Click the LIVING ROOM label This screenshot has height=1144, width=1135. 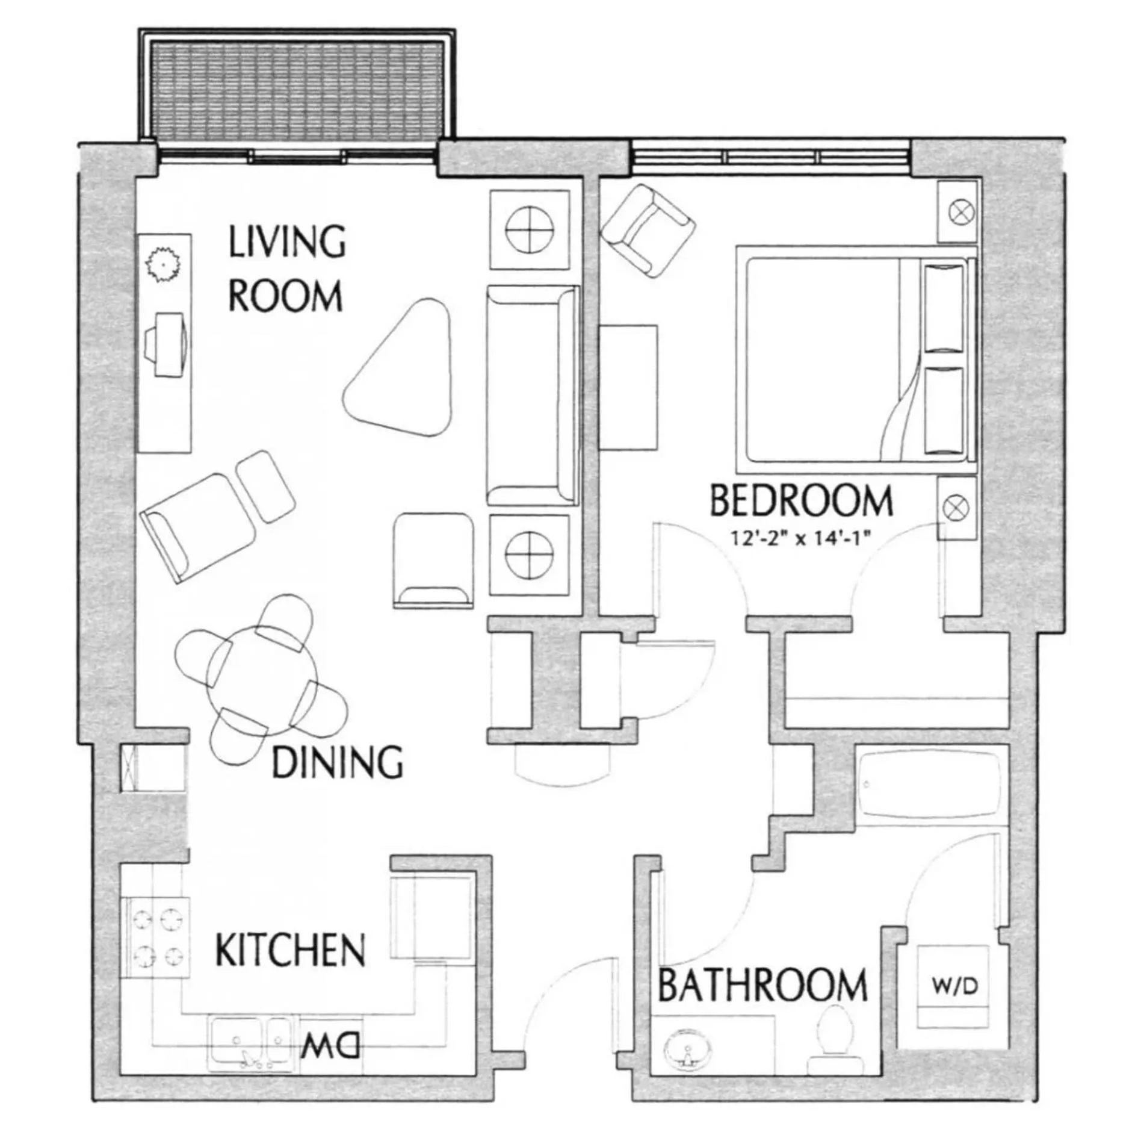(x=286, y=269)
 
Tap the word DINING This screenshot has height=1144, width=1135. (x=337, y=762)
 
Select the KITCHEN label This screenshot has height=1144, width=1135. (x=290, y=950)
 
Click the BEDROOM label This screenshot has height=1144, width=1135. (x=800, y=502)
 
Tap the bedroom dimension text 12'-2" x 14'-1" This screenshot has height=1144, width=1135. (x=801, y=538)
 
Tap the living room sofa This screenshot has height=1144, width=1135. (x=533, y=396)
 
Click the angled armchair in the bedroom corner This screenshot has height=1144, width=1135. (x=648, y=231)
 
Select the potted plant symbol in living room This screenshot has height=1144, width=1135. (x=164, y=264)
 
